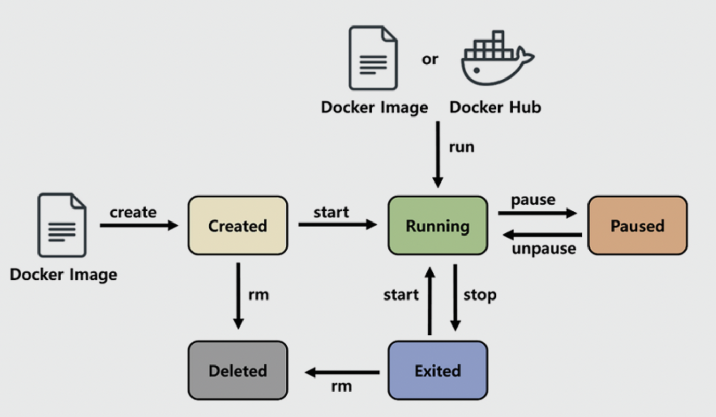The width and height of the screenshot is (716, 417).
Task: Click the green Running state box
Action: click(438, 226)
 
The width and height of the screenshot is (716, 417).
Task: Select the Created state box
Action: click(237, 226)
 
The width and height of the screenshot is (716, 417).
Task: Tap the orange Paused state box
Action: click(637, 226)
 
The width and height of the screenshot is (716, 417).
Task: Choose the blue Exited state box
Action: click(438, 370)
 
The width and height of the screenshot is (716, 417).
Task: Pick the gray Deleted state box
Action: click(237, 370)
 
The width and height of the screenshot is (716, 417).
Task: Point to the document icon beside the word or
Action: click(373, 58)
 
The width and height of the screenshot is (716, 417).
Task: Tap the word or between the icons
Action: click(430, 59)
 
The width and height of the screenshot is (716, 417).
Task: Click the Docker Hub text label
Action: click(495, 107)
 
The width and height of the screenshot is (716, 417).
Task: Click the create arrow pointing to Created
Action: click(138, 225)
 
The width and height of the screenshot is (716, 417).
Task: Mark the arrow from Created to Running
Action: click(337, 225)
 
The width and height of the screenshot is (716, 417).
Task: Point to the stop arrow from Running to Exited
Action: click(455, 297)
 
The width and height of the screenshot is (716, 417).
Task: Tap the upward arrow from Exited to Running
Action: click(429, 301)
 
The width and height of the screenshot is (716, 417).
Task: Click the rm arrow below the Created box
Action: click(238, 295)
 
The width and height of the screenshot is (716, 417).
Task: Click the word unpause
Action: click(544, 249)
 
